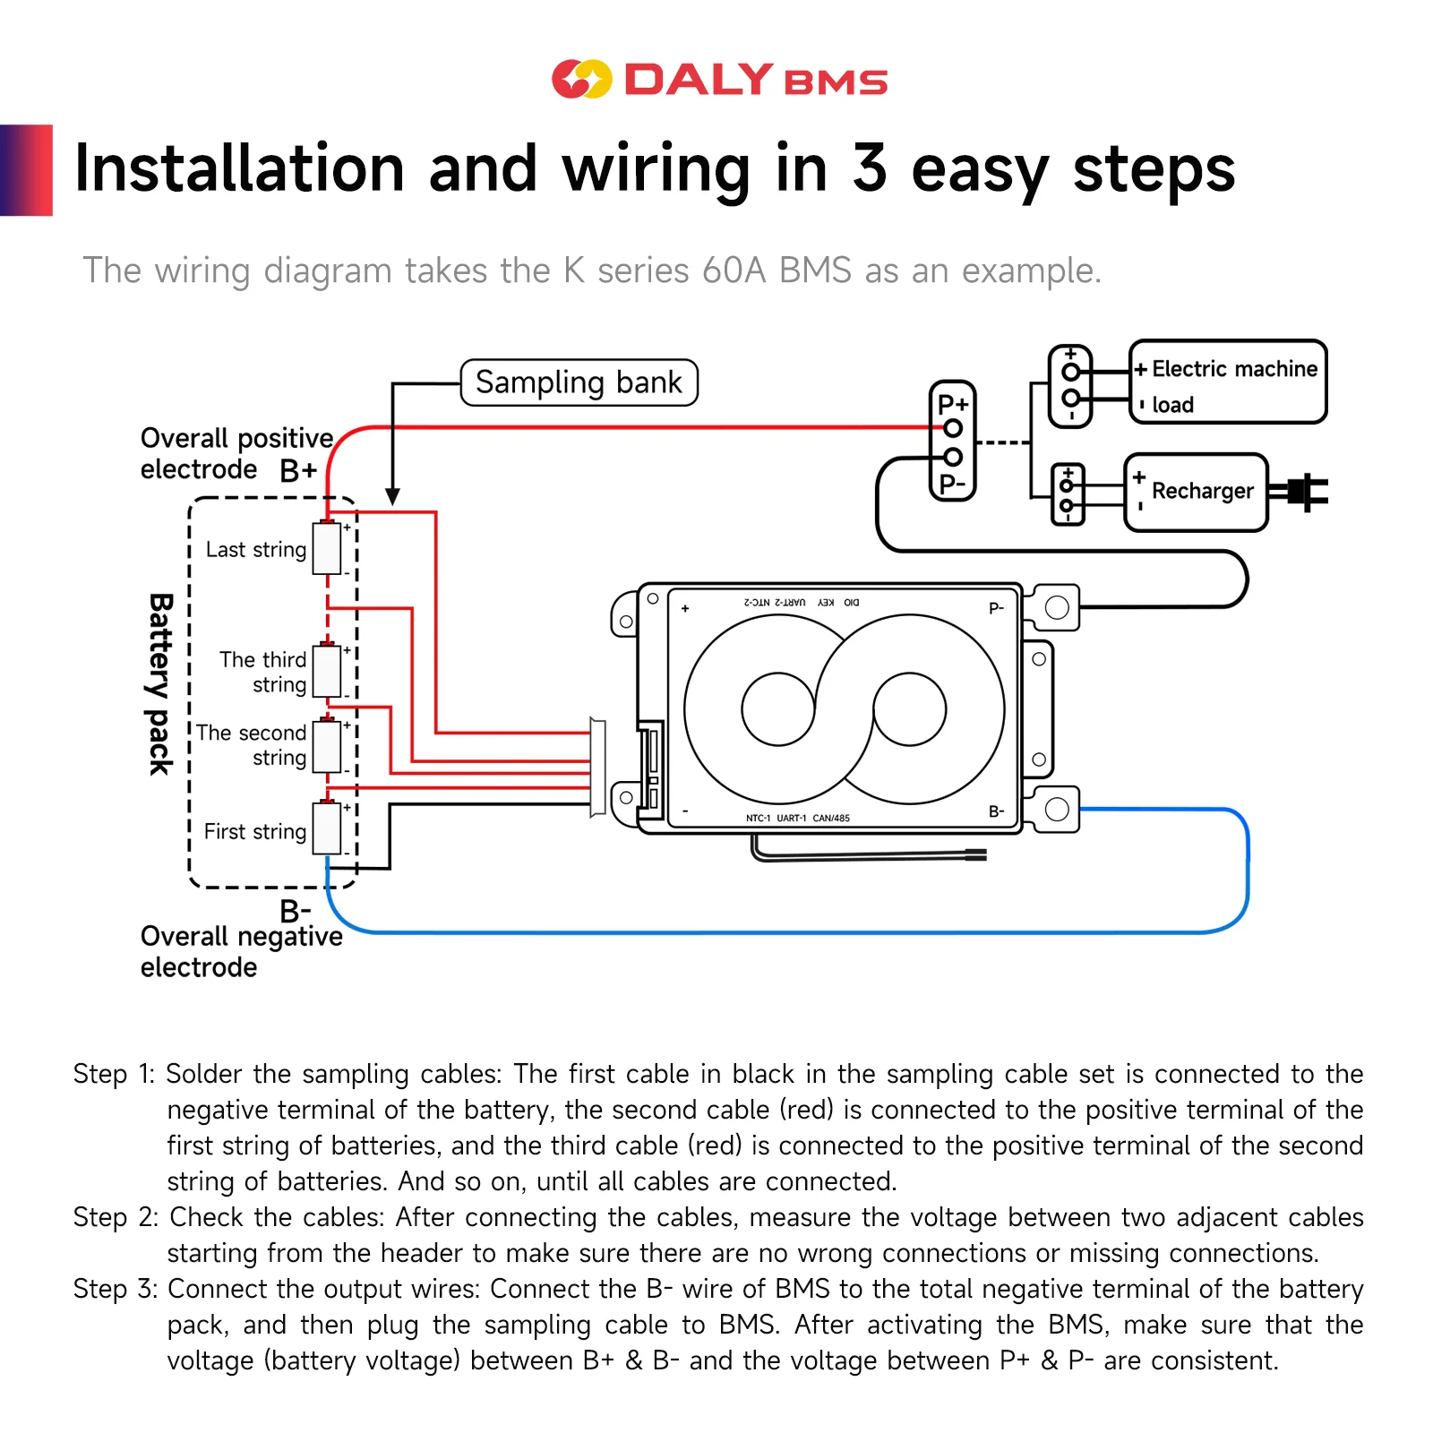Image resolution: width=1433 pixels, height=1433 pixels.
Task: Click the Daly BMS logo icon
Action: coord(581,79)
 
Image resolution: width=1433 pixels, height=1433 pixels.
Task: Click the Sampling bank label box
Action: coord(579,382)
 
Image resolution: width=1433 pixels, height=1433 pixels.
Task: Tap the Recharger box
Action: coord(1196,492)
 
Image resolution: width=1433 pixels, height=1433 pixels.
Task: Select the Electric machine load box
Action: coord(1228,382)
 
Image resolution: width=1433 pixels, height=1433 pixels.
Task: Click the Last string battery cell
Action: coord(327,548)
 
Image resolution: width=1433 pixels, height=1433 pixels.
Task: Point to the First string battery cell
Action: coord(327,828)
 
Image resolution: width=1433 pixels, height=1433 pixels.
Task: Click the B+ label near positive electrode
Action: coord(298,470)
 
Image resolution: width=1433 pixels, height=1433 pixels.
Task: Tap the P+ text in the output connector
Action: coord(952,404)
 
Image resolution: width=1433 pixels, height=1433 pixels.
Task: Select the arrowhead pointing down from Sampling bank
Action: coord(392,496)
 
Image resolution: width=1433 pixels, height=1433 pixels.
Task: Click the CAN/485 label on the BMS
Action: coord(831,818)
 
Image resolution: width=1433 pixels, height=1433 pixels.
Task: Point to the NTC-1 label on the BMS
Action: coord(758,818)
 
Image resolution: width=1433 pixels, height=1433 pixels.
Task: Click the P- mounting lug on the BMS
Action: coord(1057,607)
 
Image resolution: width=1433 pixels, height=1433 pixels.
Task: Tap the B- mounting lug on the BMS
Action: coord(1057,809)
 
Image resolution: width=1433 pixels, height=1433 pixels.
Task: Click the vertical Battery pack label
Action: coord(160,684)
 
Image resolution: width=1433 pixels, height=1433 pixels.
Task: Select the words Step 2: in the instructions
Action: coord(116,1217)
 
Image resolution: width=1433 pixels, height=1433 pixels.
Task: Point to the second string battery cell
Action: coord(327,746)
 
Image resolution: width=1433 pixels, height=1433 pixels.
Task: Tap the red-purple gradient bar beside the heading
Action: coord(26,170)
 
